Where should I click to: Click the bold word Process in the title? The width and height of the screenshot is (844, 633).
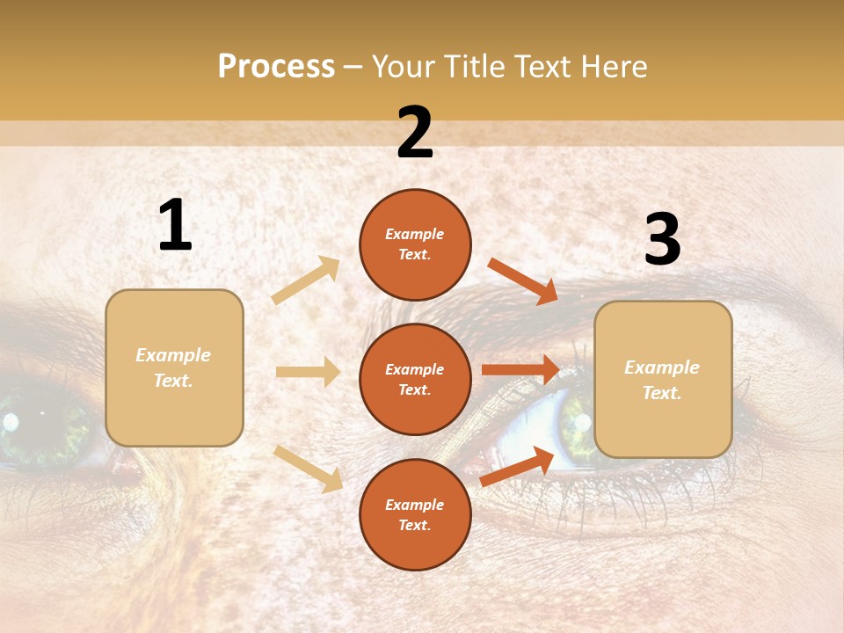(x=276, y=67)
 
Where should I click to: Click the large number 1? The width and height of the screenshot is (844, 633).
(x=175, y=226)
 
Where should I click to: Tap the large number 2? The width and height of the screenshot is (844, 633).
(x=415, y=134)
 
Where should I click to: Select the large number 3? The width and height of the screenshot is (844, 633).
(x=662, y=241)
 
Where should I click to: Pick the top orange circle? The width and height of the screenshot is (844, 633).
(x=415, y=244)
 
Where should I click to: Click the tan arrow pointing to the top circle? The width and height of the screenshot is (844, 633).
(x=306, y=280)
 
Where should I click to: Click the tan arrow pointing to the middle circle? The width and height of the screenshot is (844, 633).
(x=308, y=372)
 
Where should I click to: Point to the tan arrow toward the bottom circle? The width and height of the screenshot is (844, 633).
(x=308, y=468)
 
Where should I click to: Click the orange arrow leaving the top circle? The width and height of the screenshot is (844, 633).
(x=522, y=280)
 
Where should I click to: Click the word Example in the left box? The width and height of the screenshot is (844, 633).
(x=173, y=355)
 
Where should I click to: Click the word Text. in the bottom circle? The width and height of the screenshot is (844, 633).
(x=415, y=526)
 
